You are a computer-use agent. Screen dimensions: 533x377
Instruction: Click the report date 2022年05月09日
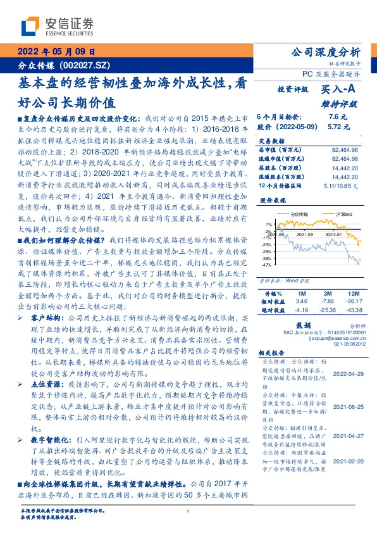[55, 53]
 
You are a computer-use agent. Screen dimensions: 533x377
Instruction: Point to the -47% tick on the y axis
[268, 266]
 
